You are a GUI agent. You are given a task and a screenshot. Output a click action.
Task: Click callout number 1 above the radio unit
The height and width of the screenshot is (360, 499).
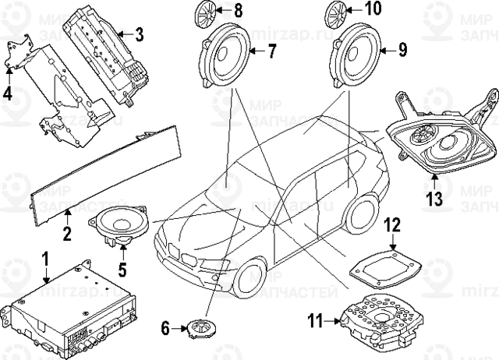[x=44, y=258]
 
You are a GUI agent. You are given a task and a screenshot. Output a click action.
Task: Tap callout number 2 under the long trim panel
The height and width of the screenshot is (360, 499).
[x=67, y=212]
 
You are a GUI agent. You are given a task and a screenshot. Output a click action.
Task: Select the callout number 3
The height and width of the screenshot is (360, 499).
[x=138, y=34]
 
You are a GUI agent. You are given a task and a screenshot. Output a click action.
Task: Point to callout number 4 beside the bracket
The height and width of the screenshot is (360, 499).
[x=8, y=95]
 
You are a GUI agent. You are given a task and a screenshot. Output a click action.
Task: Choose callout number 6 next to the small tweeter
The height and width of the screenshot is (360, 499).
[x=165, y=328]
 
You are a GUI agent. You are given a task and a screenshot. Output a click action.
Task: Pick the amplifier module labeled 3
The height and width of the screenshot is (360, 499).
[x=106, y=53]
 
